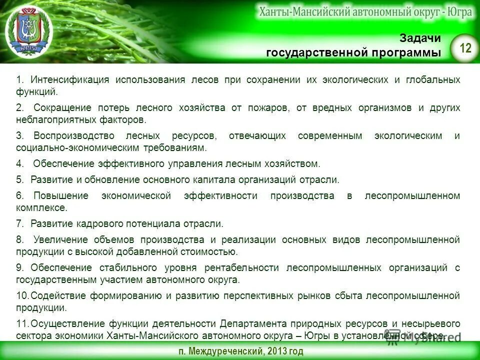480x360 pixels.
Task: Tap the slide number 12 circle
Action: point(465,48)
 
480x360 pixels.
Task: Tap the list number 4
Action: point(19,164)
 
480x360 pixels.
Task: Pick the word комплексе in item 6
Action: point(41,207)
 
